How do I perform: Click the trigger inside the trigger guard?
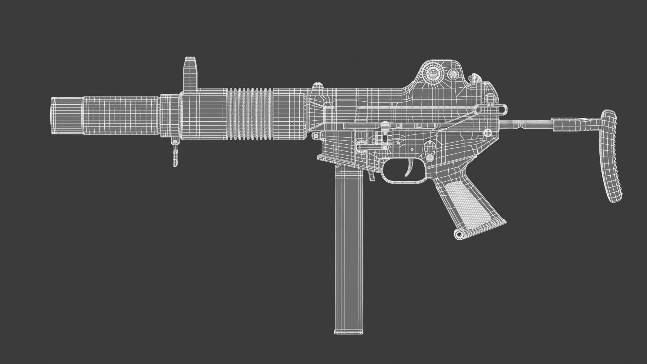pos(410,169)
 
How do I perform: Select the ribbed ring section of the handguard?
pos(250,114)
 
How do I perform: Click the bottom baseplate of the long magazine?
pos(349,332)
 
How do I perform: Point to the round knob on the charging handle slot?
pos(385,125)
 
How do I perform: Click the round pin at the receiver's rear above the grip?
pos(487,132)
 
